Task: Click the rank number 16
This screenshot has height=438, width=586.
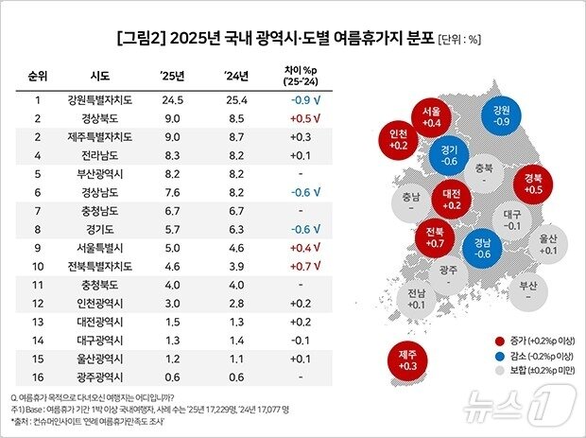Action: click(x=39, y=378)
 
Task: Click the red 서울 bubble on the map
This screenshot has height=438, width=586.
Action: click(x=431, y=115)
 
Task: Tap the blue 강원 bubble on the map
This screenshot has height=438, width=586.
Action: click(x=500, y=115)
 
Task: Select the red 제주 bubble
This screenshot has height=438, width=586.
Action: click(x=405, y=359)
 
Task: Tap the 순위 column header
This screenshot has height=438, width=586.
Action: click(x=39, y=76)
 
